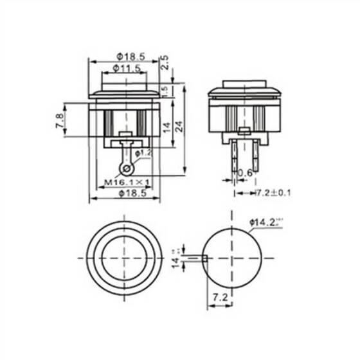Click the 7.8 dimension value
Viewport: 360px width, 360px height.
pos(59,120)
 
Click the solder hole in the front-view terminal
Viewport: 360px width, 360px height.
pos(127,168)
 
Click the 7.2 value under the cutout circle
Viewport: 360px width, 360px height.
pos(219,300)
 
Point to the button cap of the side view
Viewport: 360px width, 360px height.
pos(246,85)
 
